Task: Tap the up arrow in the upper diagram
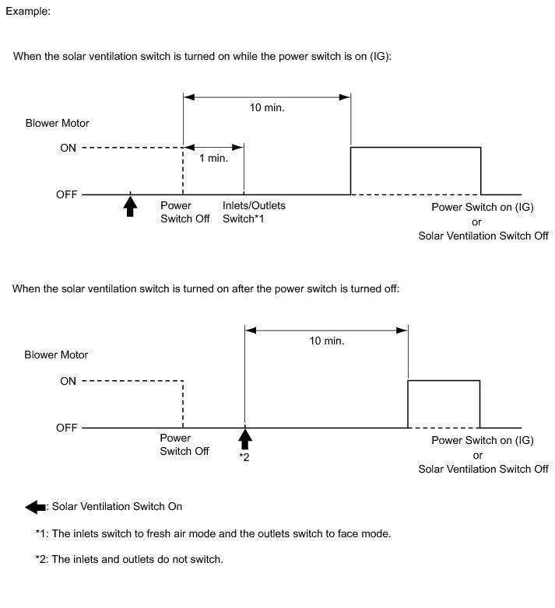pos(130,206)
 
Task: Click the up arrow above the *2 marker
pos(245,439)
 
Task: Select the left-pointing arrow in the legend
pos(36,507)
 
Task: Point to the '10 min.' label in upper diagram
pos(267,107)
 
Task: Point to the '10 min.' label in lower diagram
pos(327,341)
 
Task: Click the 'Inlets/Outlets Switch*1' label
pos(255,212)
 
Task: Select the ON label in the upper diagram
pos(68,148)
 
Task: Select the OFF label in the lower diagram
pos(66,428)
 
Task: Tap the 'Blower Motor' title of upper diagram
pos(56,123)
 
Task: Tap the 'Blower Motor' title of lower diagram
pos(56,355)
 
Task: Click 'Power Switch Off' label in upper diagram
pos(184,212)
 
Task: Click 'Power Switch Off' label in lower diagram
pos(184,445)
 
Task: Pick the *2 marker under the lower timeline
pos(244,456)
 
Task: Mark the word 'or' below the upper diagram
pos(483,222)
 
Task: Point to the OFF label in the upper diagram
pos(66,194)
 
